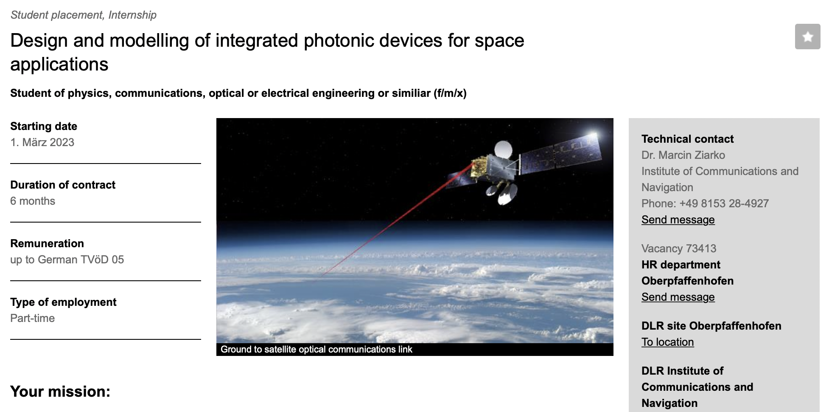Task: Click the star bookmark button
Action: tap(807, 37)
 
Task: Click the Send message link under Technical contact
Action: tap(678, 220)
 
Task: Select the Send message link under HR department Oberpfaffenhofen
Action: tap(678, 297)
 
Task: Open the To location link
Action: tap(667, 342)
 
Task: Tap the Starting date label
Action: tap(44, 126)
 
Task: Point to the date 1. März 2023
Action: tap(42, 142)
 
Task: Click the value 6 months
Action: tap(33, 201)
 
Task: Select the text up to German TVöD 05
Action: tap(67, 260)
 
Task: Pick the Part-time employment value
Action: tap(32, 318)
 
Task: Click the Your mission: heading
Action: tap(60, 391)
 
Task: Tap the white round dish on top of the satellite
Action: tap(503, 149)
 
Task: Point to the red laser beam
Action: tap(397, 221)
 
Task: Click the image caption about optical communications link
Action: tap(316, 349)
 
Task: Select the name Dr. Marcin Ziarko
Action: tap(683, 155)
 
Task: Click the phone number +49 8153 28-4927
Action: tap(724, 203)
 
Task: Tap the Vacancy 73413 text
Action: tap(679, 248)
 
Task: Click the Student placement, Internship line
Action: tap(84, 15)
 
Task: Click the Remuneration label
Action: tap(47, 243)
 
